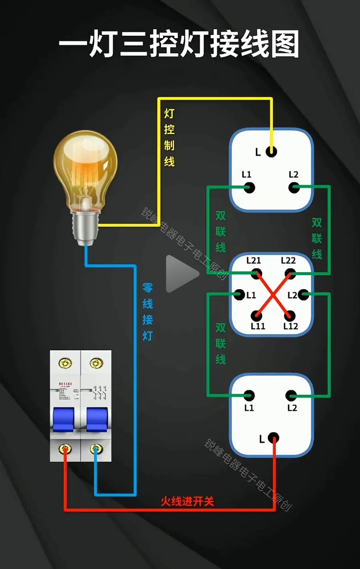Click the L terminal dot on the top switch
[271, 151]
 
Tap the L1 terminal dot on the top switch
[249, 188]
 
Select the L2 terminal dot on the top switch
[294, 188]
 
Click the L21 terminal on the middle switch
[256, 274]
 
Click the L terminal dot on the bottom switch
[273, 438]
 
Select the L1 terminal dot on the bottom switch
[249, 396]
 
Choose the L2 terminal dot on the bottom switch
[291, 396]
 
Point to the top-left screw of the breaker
[65, 363]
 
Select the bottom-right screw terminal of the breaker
[96, 449]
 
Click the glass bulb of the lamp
[86, 167]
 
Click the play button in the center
[181, 274]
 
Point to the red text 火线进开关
[187, 501]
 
